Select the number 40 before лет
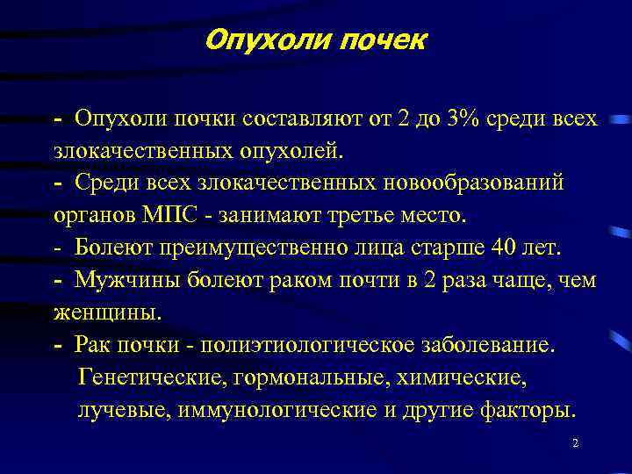505,248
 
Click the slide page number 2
575,444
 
